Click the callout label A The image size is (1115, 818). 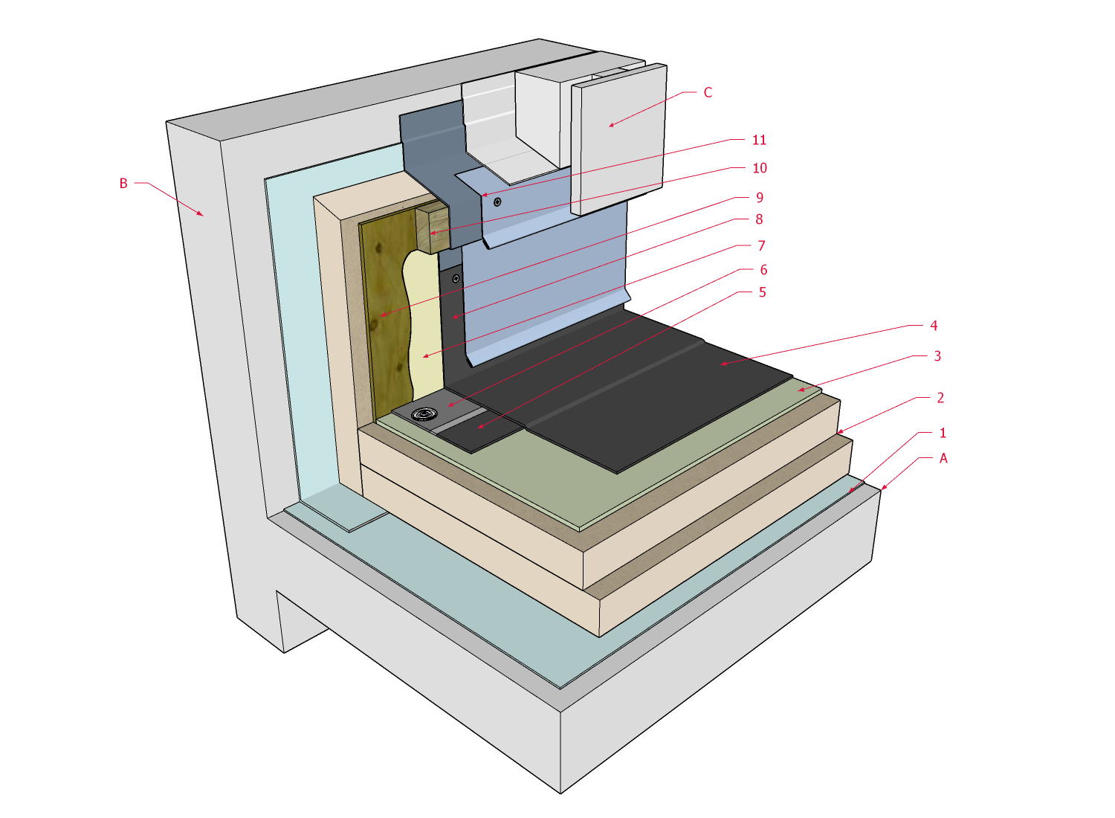click(x=943, y=458)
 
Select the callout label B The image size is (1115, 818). click(x=123, y=183)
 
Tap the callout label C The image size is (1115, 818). click(x=708, y=92)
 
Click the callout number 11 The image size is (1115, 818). click(x=759, y=140)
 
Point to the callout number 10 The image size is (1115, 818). click(x=759, y=168)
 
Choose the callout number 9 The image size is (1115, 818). click(x=759, y=197)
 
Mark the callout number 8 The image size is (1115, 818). click(x=759, y=219)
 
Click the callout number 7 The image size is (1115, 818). click(x=761, y=245)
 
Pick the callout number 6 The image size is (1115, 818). click(x=763, y=270)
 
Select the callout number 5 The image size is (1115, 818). click(x=762, y=292)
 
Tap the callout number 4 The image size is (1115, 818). click(x=934, y=326)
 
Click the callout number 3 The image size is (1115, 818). click(x=937, y=356)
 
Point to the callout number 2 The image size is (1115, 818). click(x=940, y=398)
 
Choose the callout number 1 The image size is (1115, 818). click(x=943, y=433)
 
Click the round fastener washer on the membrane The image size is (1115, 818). click(x=424, y=414)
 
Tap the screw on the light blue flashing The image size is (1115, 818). click(x=497, y=202)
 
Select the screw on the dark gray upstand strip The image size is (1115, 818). click(x=456, y=279)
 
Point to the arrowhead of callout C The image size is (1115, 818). click(x=610, y=126)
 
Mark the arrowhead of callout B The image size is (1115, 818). click(x=201, y=215)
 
